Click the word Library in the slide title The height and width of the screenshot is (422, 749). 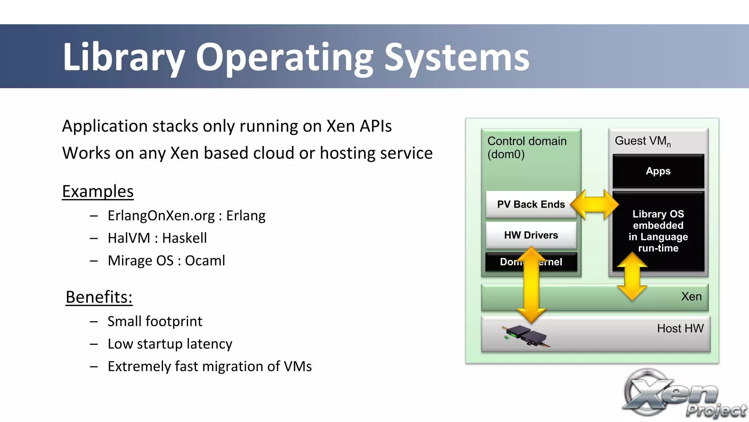123,57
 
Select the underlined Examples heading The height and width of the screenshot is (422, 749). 98,191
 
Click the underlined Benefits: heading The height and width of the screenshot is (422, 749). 99,297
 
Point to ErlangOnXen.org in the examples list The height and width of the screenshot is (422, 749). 161,216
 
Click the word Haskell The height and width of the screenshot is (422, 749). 184,238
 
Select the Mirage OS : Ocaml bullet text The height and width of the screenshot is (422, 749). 166,261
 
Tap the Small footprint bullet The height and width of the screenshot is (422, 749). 155,321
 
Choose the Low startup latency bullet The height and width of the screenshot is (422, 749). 170,344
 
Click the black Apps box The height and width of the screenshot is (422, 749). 658,171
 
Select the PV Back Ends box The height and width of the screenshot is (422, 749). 531,204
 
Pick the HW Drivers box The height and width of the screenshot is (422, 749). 531,235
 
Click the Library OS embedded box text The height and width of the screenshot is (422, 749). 658,231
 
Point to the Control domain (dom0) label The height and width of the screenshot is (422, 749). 527,147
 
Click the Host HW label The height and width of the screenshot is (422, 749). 680,328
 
